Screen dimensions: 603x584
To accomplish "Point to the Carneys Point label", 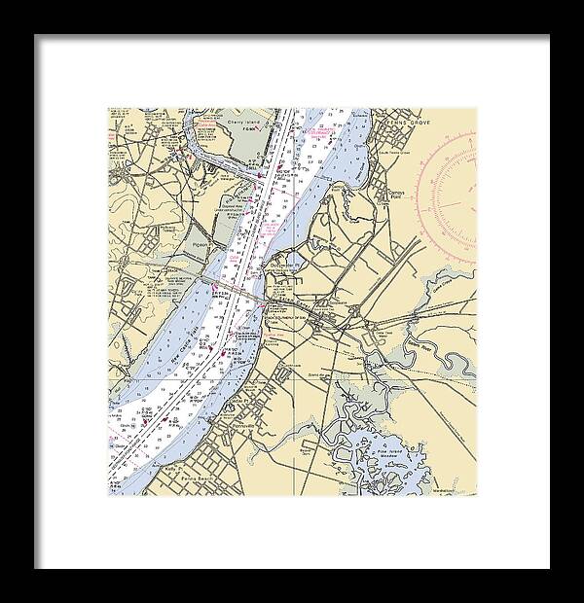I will click(x=400, y=170).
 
